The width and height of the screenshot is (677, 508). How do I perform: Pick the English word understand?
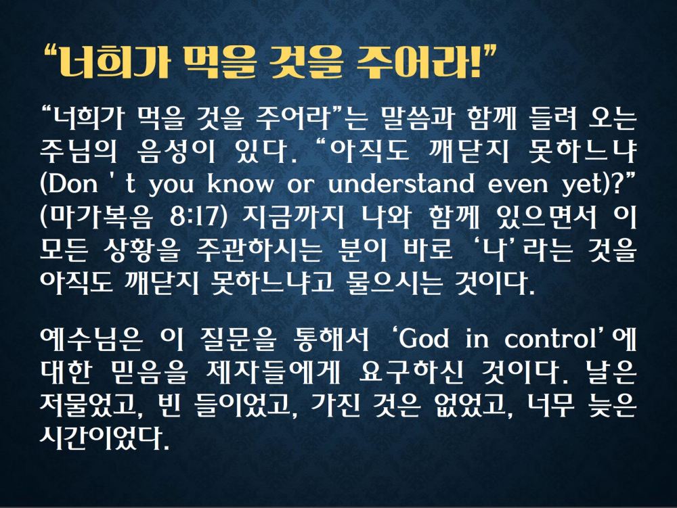click(401, 183)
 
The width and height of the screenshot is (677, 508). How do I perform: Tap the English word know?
click(240, 183)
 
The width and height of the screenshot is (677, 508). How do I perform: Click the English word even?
click(518, 185)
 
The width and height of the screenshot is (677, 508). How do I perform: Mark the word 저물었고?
click(92, 405)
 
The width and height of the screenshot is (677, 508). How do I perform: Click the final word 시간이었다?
click(104, 438)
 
